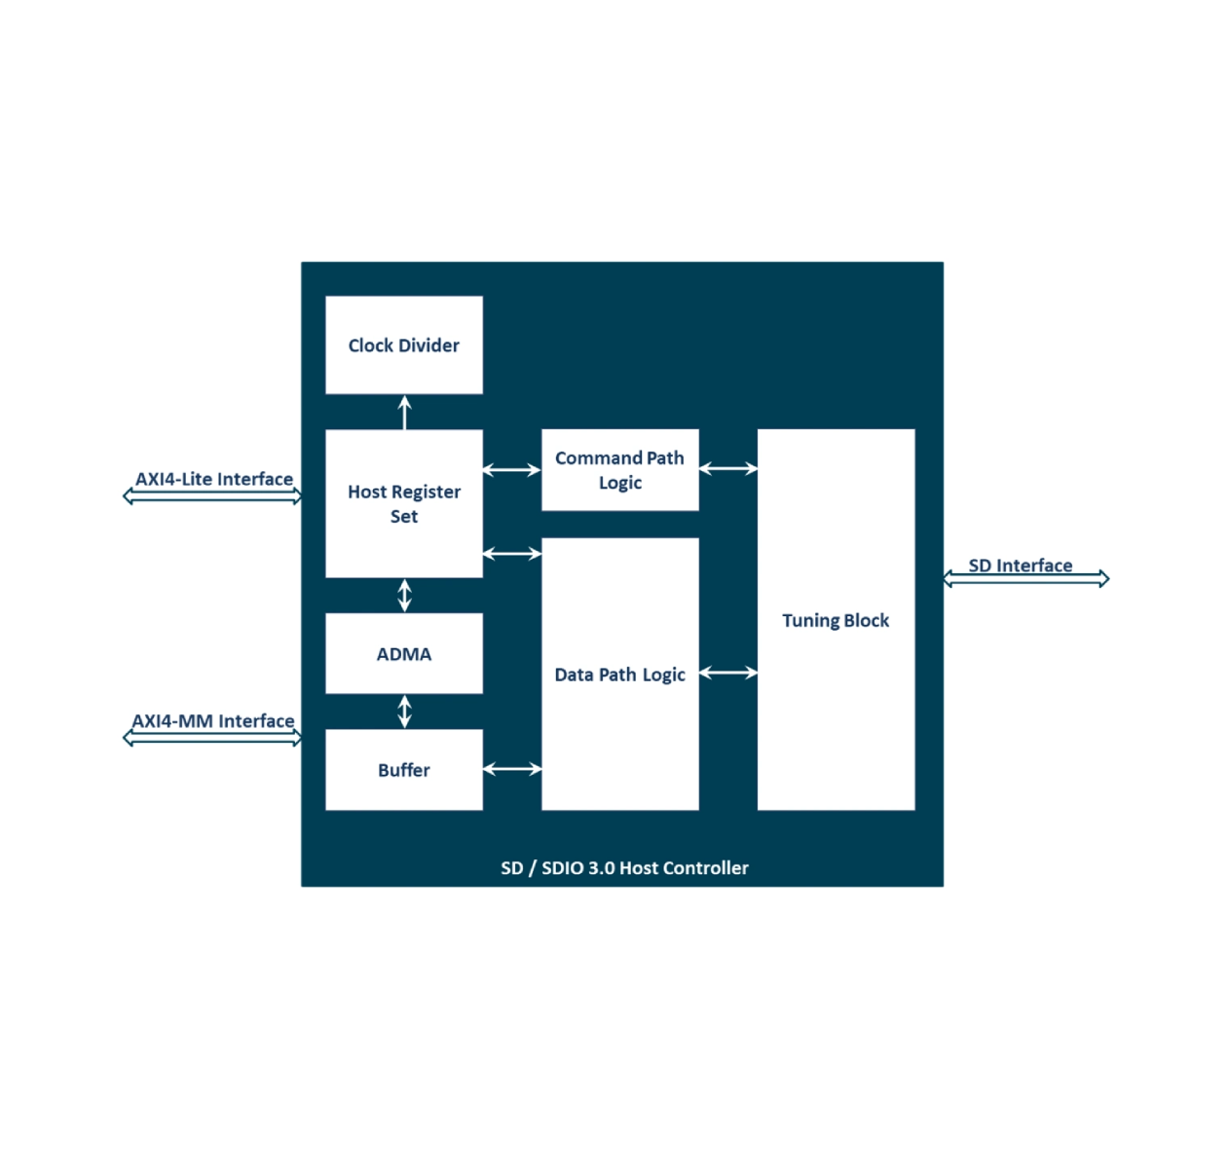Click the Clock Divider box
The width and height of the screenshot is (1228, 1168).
pos(403,346)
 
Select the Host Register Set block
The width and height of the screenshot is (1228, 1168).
pos(403,503)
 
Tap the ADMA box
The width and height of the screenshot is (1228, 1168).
pos(403,654)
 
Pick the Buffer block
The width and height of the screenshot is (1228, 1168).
pos(403,770)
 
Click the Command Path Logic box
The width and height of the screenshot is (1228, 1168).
pos(619,470)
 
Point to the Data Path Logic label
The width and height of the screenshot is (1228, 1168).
pos(619,675)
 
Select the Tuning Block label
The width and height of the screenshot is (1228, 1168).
pos(836,620)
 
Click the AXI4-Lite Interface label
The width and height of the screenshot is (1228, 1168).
pos(214,479)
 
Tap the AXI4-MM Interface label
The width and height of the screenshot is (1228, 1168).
pos(213,721)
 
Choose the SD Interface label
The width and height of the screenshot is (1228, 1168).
pos(1020,566)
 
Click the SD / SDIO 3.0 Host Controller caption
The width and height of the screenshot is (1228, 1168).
pos(624,868)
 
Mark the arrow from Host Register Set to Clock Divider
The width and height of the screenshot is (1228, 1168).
pos(405,412)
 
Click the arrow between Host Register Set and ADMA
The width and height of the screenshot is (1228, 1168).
pos(405,595)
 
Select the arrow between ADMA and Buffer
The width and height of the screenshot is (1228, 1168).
pos(405,712)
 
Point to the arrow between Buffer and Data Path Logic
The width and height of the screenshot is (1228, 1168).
pos(512,769)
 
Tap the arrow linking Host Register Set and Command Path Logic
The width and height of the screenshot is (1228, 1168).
pos(512,470)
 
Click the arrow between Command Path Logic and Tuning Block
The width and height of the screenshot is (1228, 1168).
pos(728,469)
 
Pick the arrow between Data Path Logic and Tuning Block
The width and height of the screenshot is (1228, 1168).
pos(728,673)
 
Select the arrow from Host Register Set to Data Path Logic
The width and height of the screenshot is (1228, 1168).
pos(512,554)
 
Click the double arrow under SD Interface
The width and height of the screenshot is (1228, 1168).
pos(1025,579)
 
